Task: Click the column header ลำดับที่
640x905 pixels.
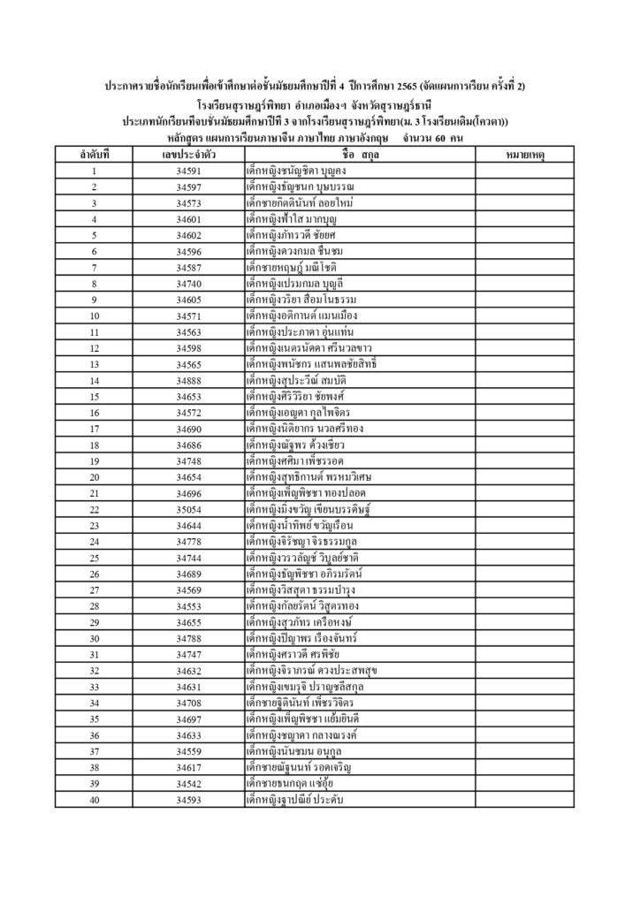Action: (x=94, y=155)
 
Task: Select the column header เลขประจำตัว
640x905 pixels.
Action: (x=189, y=155)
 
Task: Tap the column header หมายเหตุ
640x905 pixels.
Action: (x=525, y=155)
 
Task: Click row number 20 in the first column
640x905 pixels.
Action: (x=94, y=477)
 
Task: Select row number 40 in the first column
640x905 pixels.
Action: (x=94, y=800)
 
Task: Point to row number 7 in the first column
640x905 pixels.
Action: (x=94, y=268)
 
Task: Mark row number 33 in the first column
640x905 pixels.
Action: (x=94, y=687)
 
